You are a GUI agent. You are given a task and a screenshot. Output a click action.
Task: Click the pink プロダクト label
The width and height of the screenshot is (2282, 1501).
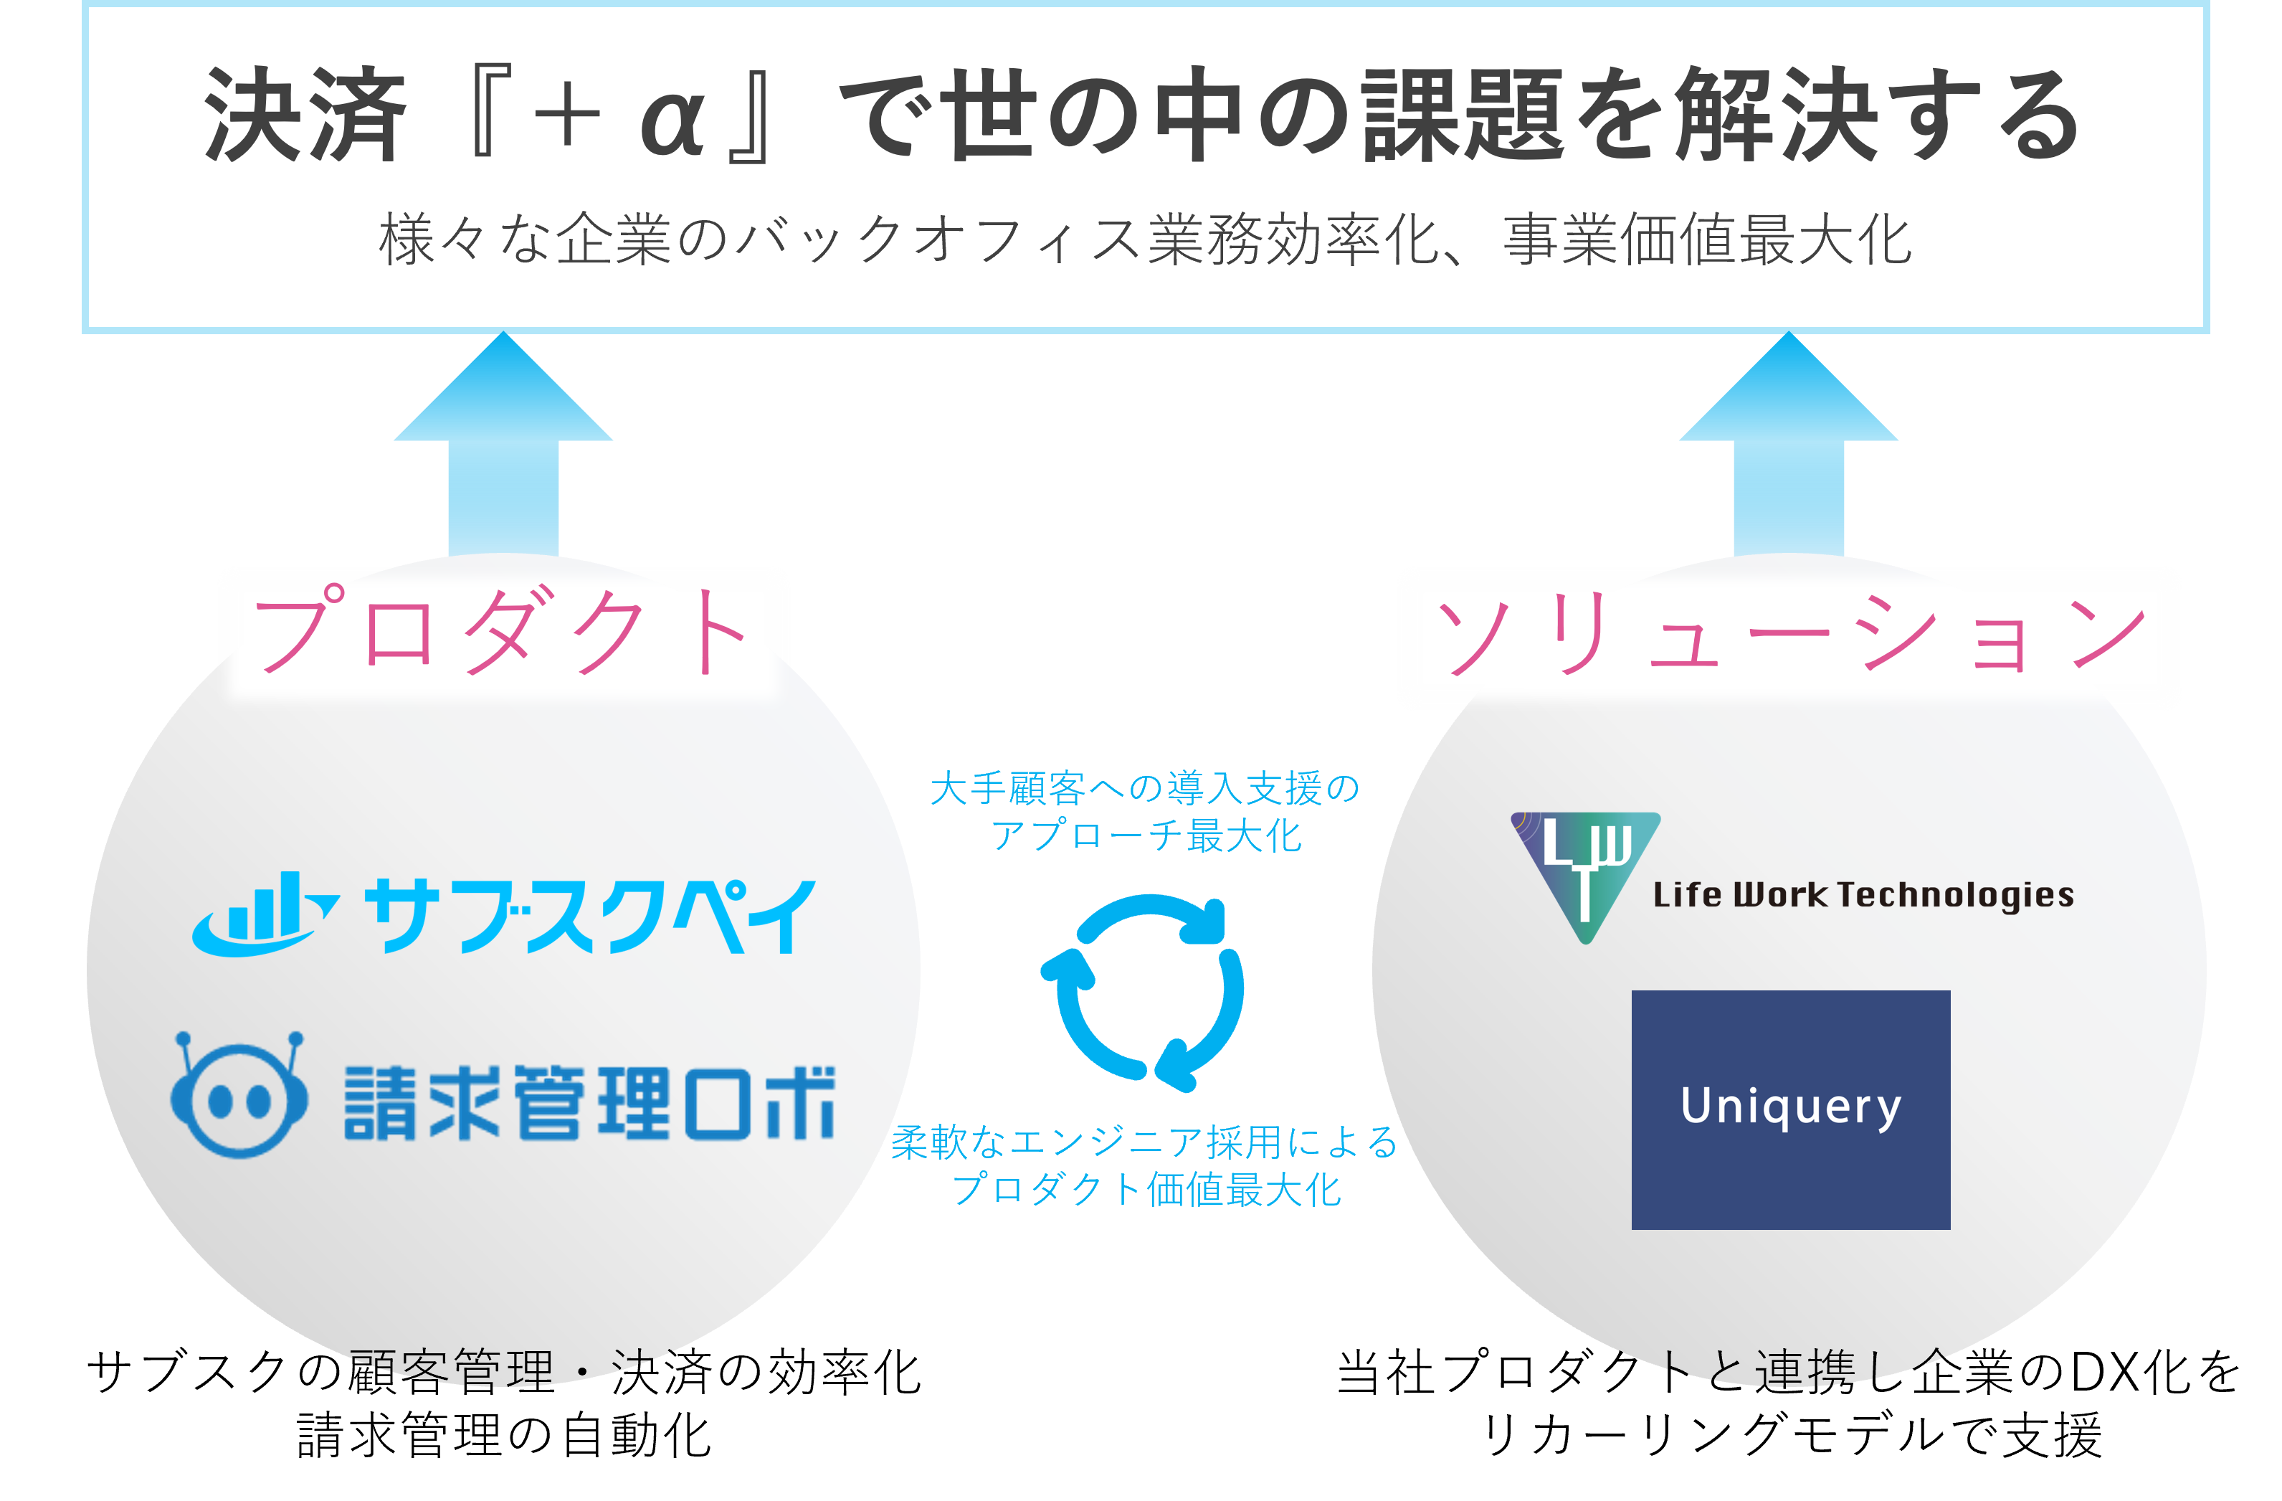(x=503, y=630)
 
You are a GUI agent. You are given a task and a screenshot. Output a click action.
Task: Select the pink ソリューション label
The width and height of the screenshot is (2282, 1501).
(x=1788, y=634)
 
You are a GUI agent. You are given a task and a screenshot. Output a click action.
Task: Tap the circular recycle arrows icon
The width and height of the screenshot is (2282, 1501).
(x=1143, y=992)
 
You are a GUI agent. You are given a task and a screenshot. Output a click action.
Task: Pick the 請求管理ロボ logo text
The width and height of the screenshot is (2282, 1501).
(x=589, y=1103)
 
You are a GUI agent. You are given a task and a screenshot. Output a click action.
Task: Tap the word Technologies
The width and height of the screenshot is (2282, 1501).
(x=1956, y=895)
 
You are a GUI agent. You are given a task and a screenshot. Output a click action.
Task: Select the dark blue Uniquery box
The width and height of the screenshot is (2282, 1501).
(x=1790, y=1109)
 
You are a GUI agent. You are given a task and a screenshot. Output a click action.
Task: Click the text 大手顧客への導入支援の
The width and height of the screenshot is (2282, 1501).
(x=1145, y=788)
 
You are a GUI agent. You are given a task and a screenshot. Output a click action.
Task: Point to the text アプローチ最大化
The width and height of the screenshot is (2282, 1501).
(x=1145, y=836)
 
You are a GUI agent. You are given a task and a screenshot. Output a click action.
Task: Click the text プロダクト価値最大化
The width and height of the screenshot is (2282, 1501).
(x=1145, y=1189)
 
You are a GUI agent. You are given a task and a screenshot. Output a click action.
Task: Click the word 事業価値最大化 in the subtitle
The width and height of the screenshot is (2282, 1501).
(x=1707, y=240)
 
